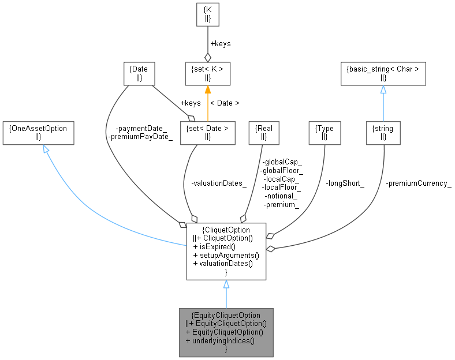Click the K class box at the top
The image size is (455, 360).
click(207, 14)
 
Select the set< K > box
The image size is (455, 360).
click(207, 73)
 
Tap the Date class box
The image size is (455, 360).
click(139, 73)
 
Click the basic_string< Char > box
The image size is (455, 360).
click(383, 73)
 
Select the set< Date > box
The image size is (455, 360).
click(207, 133)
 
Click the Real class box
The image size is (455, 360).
click(263, 133)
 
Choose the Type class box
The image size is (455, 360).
click(324, 133)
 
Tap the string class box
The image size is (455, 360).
click(383, 133)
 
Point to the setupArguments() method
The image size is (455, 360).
click(226, 255)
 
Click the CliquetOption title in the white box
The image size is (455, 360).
click(226, 230)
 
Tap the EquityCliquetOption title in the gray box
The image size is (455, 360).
click(226, 315)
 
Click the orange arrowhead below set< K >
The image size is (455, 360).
click(207, 90)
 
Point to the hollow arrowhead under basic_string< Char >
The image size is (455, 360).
click(383, 90)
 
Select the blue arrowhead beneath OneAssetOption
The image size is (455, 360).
click(46, 149)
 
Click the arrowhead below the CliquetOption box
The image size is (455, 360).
click(226, 284)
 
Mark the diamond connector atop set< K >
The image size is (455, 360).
click(207, 57)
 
